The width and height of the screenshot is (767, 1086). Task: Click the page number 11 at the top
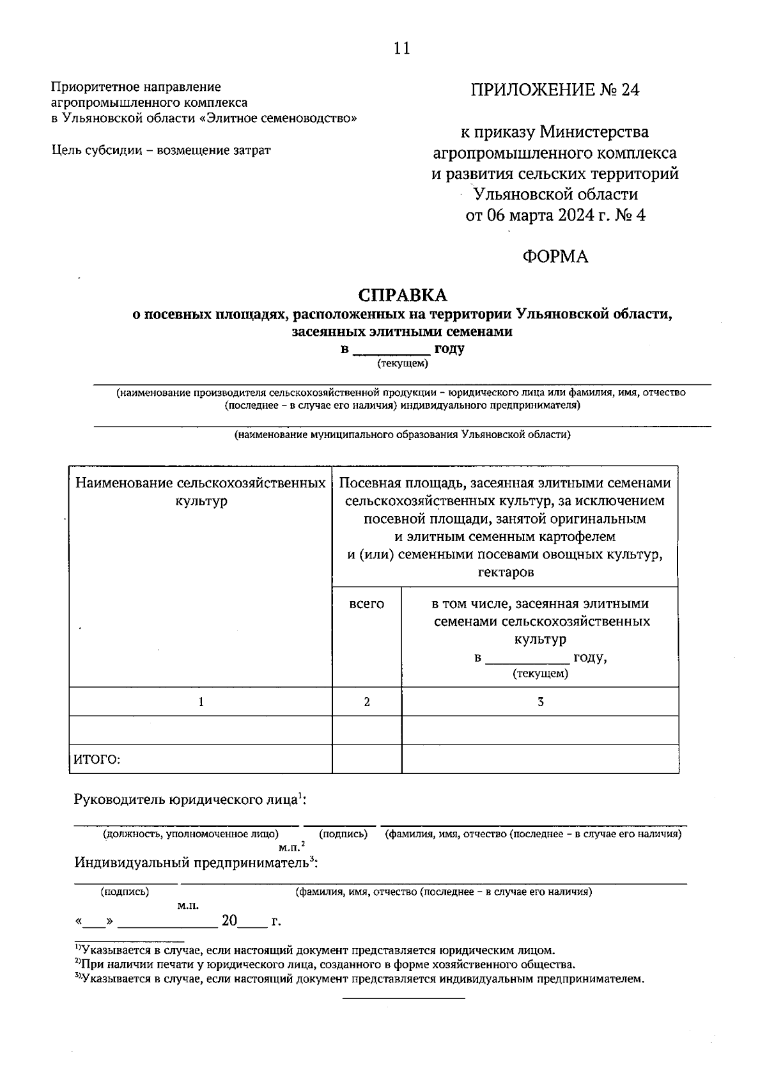point(402,49)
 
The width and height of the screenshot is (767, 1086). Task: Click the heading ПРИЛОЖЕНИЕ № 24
point(555,90)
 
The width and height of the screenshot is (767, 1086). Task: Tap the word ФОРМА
point(555,256)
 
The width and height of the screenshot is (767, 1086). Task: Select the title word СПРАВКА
point(403,295)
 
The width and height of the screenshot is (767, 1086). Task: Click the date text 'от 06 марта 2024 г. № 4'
point(555,216)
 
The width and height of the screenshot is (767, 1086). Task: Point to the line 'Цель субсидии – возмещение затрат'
point(160,150)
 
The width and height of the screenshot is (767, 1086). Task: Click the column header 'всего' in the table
point(367,604)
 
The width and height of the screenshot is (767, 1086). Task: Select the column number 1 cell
point(201,702)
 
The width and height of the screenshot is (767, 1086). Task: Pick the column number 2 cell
point(367,702)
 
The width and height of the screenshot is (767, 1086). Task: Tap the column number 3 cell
point(540,702)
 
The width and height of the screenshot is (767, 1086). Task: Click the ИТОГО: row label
point(97,759)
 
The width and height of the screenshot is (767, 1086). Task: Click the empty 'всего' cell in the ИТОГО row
point(367,759)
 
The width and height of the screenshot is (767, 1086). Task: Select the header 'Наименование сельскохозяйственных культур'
point(201,492)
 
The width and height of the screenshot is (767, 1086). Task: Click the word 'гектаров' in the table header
point(505,572)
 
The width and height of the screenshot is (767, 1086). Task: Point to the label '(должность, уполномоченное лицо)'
point(190,834)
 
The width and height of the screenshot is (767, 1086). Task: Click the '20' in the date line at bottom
point(229,921)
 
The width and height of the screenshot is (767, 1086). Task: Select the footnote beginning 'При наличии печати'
point(326,964)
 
